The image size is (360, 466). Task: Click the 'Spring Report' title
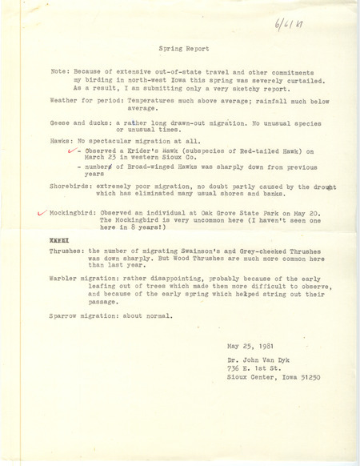(x=179, y=70)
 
